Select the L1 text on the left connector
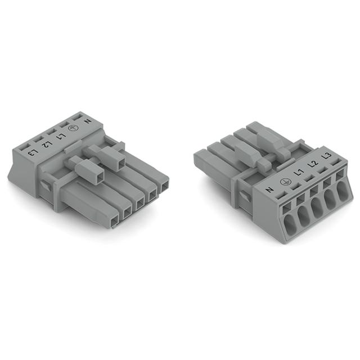(61, 136)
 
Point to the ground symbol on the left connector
(73, 129)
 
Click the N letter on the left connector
(88, 121)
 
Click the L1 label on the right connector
(299, 172)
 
